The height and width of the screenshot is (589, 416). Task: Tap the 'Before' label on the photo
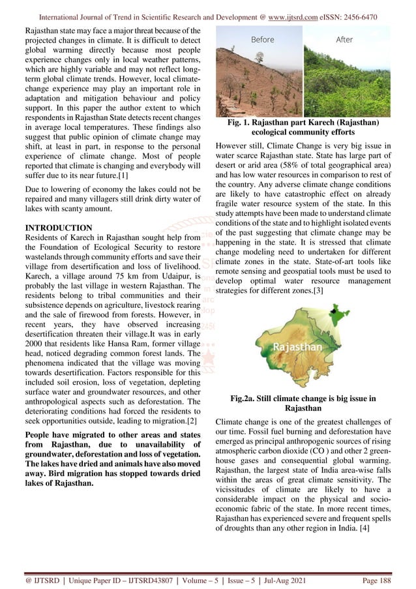click(263, 40)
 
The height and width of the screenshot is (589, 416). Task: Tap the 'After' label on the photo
click(344, 40)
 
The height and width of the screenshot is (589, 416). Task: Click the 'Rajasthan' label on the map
click(299, 346)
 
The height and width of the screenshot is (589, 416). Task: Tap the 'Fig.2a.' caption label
click(247, 397)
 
